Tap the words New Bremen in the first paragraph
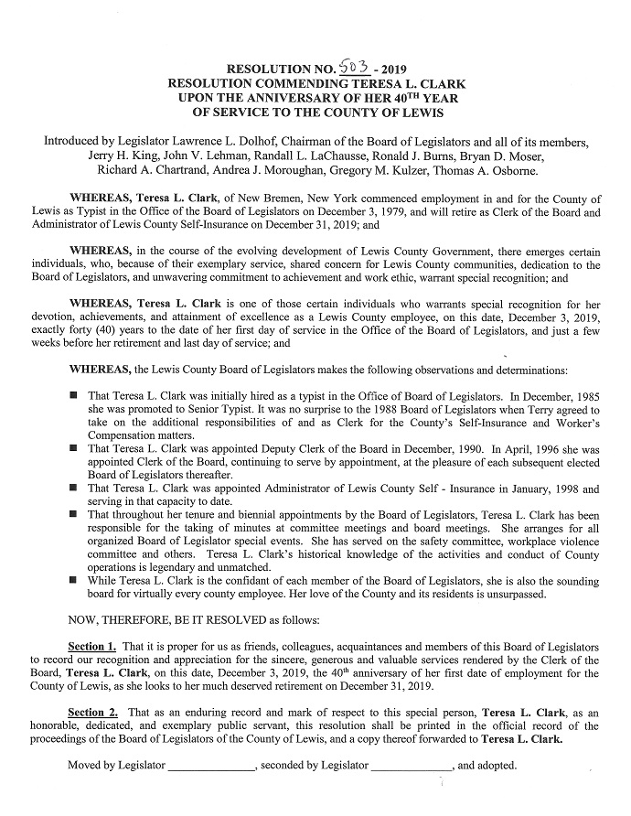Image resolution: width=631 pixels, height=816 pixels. (x=240, y=199)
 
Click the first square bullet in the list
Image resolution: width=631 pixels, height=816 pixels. (x=74, y=394)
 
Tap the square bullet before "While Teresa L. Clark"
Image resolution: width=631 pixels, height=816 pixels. (x=74, y=579)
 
